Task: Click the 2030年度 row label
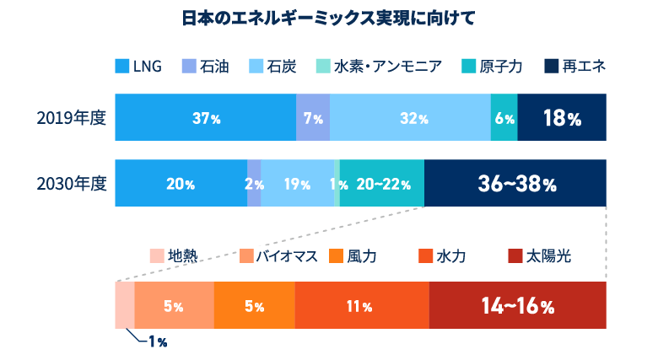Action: click(x=71, y=183)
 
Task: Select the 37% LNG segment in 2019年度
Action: click(x=205, y=118)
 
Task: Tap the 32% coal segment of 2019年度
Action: click(x=410, y=118)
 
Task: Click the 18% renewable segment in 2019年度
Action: click(x=562, y=118)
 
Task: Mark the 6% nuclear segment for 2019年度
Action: click(x=504, y=118)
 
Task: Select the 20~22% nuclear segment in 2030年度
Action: click(x=382, y=183)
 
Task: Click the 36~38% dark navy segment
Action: click(x=515, y=183)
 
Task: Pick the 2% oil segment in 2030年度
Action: click(x=254, y=183)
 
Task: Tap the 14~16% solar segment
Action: click(x=518, y=305)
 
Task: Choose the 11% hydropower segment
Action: click(x=362, y=305)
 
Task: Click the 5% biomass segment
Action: click(x=174, y=305)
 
